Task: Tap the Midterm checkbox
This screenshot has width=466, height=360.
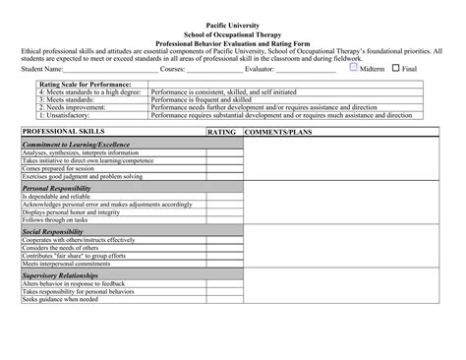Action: coord(353,69)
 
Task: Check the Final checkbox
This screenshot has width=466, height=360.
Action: coord(395,69)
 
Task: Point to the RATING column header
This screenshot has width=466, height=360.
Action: coord(222,131)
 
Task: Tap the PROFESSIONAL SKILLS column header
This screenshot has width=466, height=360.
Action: coord(63,131)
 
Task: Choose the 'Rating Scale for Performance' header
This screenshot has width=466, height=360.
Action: coord(84,85)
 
